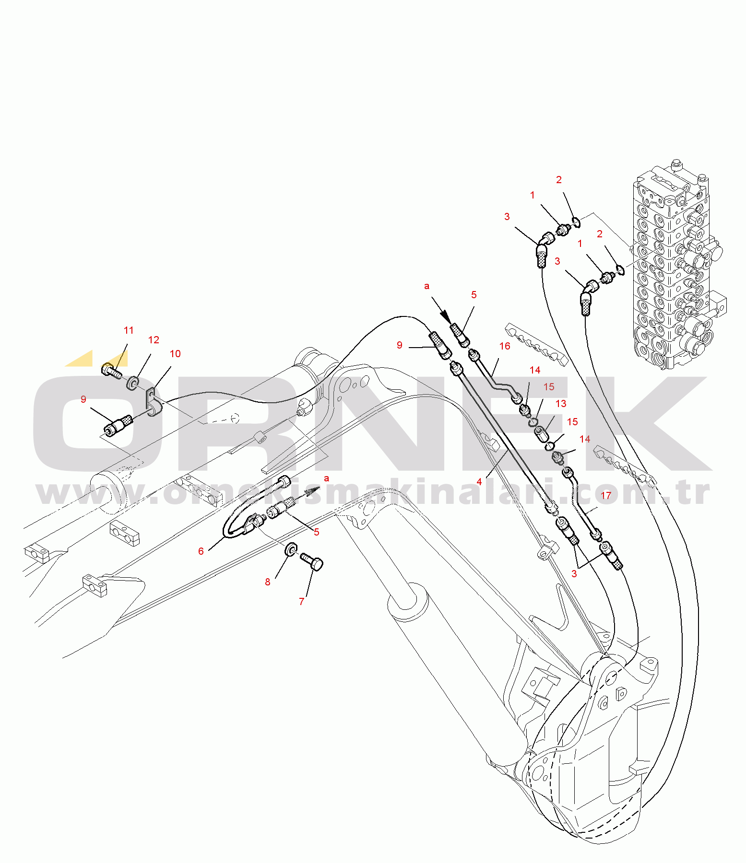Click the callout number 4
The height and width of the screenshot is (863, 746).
coord(479,481)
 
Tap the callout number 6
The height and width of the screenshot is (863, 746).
coord(201,551)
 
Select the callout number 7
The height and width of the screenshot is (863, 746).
coord(302,601)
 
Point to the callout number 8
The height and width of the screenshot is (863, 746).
coord(268,582)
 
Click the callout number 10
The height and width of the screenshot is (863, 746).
coord(175,354)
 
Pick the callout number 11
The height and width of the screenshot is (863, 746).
coord(129,330)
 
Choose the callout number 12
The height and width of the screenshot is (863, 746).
coord(154,340)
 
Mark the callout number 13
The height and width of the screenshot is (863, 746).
coord(561,404)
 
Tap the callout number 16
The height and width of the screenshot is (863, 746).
coord(505,346)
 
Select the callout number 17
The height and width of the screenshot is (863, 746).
coord(606,496)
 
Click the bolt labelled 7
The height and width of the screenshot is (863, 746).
coord(312,561)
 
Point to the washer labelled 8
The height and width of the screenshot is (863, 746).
coord(291,549)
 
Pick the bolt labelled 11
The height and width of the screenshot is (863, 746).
coord(112,371)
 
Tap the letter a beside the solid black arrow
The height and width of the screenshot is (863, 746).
coord(427,286)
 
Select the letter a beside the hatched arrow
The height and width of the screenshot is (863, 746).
coord(327,478)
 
